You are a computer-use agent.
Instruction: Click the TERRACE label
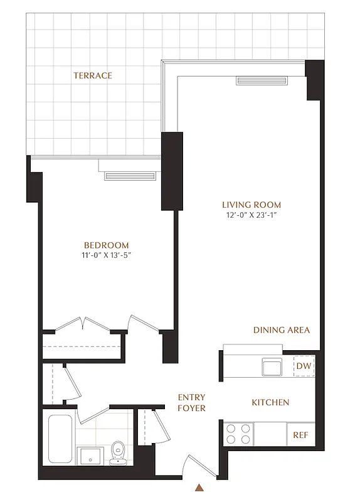[x=93, y=75]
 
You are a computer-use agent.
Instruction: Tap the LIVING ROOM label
[x=251, y=205]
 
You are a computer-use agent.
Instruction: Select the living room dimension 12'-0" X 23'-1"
[x=251, y=215]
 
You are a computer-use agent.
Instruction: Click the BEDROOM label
[x=107, y=245]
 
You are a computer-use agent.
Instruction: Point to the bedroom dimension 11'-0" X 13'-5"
[x=107, y=255]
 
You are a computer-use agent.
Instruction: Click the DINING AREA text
[x=282, y=330]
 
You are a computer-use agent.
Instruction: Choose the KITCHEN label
[x=270, y=402]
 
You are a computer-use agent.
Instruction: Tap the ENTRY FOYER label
[x=192, y=402]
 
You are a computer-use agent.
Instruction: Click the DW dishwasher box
[x=304, y=366]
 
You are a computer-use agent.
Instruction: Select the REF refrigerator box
[x=300, y=434]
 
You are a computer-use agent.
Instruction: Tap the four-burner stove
[x=238, y=434]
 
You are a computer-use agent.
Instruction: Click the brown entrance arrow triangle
[x=199, y=487]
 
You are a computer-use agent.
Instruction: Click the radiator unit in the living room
[x=261, y=80]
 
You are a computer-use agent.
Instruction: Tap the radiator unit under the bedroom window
[x=130, y=176]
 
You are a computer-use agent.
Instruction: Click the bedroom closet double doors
[x=83, y=324]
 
